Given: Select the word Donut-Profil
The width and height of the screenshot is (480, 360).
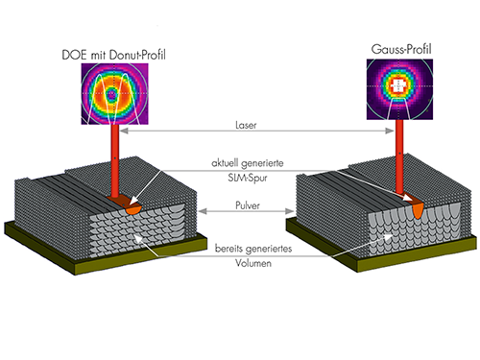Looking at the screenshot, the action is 137,55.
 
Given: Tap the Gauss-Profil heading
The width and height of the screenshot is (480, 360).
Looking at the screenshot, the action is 401,49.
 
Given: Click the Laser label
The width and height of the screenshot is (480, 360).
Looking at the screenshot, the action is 246,125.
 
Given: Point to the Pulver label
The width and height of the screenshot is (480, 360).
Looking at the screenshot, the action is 248,205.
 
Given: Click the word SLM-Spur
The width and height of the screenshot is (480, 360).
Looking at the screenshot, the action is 248,178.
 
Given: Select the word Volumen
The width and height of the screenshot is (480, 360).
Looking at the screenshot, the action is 253,263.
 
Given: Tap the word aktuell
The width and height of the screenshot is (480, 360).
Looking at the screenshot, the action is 225,163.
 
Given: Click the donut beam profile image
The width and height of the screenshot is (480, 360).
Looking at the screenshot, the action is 114,94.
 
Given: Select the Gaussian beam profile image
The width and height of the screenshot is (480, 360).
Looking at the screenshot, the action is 399,89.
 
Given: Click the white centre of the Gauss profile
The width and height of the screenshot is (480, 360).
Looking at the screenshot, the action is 398,85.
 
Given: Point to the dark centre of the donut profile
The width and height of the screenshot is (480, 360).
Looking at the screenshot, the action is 111,94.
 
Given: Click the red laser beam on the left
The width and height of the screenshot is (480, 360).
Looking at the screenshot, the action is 115,161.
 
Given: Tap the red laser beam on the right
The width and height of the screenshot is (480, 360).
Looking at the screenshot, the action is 399,156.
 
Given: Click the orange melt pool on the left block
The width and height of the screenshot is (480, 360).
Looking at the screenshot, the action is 133,209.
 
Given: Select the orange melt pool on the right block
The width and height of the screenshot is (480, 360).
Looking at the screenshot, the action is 418,210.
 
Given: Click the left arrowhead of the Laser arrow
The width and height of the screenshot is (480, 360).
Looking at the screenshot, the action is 124,131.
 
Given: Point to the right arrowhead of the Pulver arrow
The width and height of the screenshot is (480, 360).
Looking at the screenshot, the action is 290,211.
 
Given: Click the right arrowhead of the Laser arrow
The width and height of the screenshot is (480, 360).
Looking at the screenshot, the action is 390,131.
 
